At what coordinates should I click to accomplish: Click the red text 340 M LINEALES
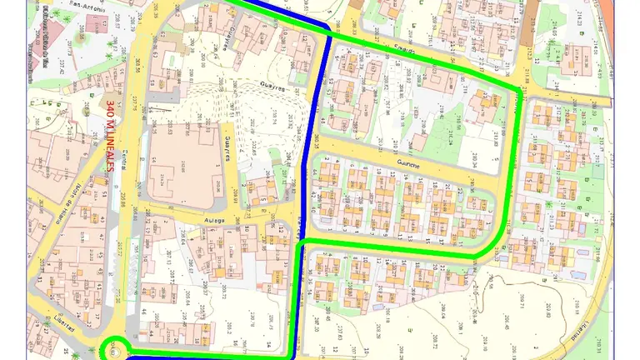(x=111, y=137)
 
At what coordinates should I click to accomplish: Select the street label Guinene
(x=412, y=165)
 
